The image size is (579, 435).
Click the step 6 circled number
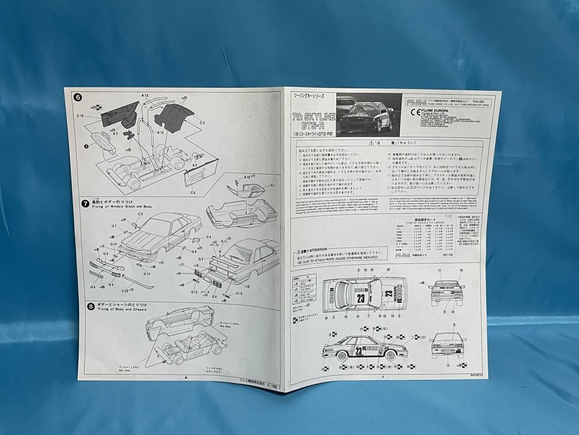tap(78, 97)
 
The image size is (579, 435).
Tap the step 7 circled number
tap(84, 203)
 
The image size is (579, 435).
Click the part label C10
tap(81, 116)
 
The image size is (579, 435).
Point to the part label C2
tap(203, 123)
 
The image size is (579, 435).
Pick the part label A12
tap(161, 132)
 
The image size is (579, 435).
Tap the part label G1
tap(273, 185)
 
